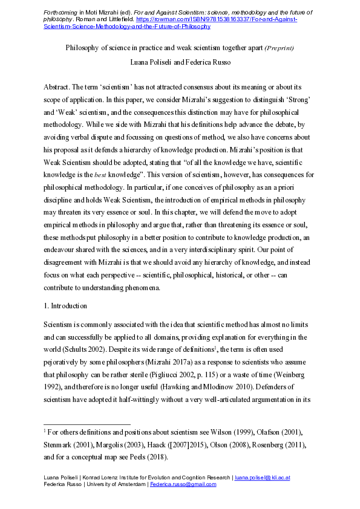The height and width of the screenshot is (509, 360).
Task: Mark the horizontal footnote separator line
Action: click(88, 424)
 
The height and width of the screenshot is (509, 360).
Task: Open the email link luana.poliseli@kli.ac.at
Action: click(263, 478)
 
